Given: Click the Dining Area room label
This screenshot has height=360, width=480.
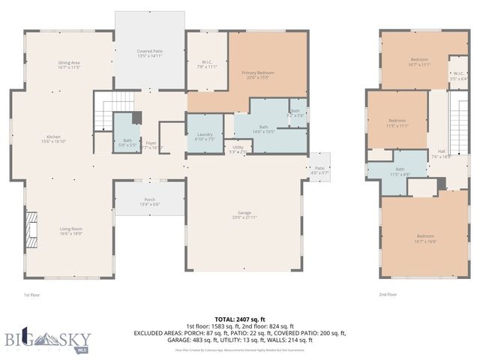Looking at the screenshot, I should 69,64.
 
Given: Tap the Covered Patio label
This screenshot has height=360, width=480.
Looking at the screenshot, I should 149,53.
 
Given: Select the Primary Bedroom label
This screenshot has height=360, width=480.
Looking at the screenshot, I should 258,75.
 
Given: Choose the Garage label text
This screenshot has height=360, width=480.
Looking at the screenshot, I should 244,215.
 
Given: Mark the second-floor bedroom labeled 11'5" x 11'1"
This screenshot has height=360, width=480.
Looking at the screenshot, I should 397,123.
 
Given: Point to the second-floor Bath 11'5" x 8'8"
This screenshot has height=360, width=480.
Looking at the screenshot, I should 400,171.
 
